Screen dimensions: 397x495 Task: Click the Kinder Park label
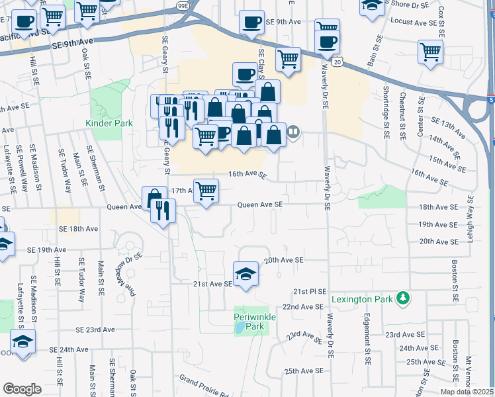pyautogui.click(x=109, y=123)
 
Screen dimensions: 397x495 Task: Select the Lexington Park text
pyautogui.click(x=367, y=299)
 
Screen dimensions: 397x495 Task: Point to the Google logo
pyautogui.click(x=22, y=389)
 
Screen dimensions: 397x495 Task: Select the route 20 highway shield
pyautogui.click(x=337, y=62)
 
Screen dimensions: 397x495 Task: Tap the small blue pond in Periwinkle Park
pyautogui.click(x=239, y=329)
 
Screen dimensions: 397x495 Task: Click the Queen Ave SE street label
pyautogui.click(x=260, y=204)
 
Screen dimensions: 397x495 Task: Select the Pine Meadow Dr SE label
pyautogui.click(x=128, y=247)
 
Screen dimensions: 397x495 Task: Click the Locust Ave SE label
pyautogui.click(x=415, y=22)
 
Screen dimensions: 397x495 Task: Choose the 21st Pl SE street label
pyautogui.click(x=310, y=291)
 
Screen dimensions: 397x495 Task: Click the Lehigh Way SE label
pyautogui.click(x=471, y=218)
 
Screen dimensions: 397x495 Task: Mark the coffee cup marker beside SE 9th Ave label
pyautogui.click(x=251, y=22)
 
